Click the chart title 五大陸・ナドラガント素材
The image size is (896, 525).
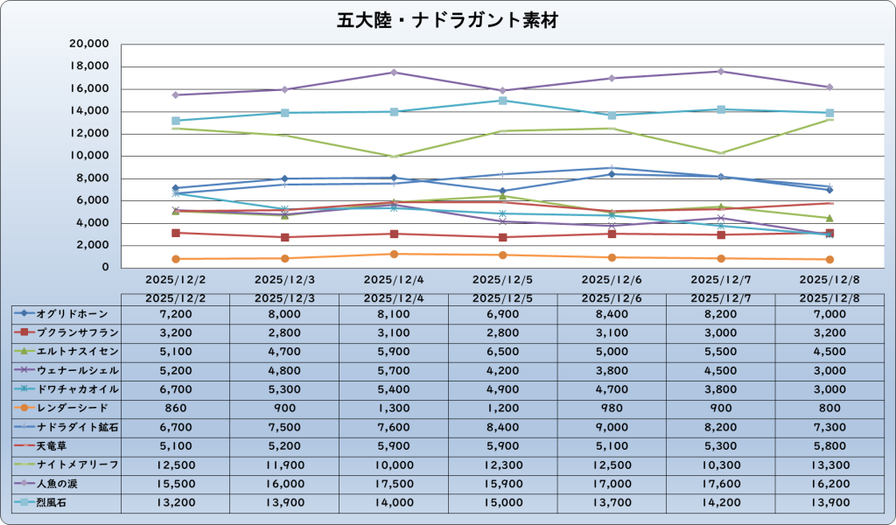coord(447,20)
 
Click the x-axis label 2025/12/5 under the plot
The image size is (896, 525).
coord(502,280)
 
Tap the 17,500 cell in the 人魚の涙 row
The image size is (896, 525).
coord(394,482)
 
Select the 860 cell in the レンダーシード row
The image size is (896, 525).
coord(176,407)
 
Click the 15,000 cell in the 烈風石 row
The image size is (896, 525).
coord(502,501)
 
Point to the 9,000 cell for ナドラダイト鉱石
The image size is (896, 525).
coord(612,426)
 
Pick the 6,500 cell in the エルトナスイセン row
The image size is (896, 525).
coord(502,351)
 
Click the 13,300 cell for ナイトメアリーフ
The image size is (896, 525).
coord(829,464)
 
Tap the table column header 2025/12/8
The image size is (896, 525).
coord(829,297)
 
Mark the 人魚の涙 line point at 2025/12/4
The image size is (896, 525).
coord(394,72)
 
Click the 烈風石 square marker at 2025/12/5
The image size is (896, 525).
coord(502,101)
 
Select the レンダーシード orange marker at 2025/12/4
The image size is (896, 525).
coord(394,254)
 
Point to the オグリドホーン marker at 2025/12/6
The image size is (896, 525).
coord(612,174)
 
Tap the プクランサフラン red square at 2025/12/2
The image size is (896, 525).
coord(176,233)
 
